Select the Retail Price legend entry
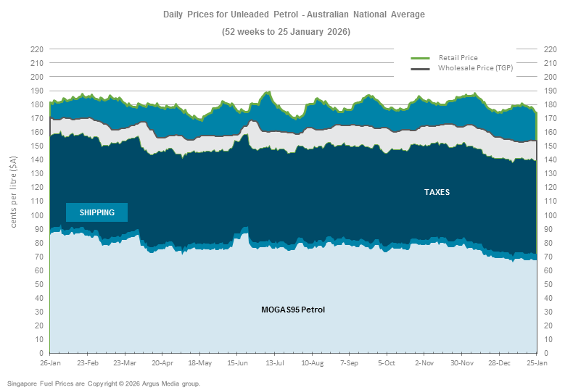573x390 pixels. [x=458, y=57]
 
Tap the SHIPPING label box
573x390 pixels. [x=96, y=212]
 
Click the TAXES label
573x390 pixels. [x=437, y=192]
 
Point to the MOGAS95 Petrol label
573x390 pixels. [x=293, y=310]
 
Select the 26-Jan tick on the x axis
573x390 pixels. [x=51, y=362]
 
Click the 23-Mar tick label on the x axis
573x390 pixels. [x=125, y=362]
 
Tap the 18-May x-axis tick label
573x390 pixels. [x=200, y=362]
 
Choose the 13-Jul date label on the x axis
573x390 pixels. [x=275, y=362]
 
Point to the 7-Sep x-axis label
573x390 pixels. [x=350, y=362]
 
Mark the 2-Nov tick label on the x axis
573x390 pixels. [x=424, y=362]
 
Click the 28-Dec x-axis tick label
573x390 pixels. [x=499, y=362]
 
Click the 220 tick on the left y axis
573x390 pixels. [x=37, y=49]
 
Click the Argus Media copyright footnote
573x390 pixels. [x=104, y=383]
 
